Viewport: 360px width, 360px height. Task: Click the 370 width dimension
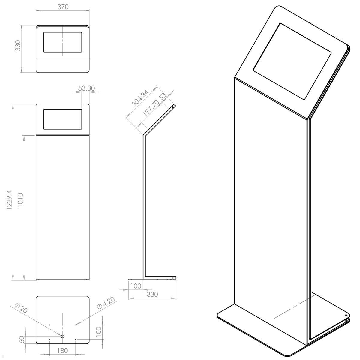63,7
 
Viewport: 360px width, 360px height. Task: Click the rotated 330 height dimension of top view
18,45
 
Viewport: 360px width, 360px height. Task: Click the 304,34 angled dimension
140,98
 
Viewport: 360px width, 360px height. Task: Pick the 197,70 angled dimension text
151,109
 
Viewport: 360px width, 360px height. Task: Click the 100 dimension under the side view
136,286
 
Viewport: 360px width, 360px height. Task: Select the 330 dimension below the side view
152,294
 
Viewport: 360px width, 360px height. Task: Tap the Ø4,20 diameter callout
106,303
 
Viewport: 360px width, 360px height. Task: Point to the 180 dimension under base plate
62,350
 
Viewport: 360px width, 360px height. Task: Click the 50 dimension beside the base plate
22,340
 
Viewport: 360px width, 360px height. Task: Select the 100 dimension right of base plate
99,332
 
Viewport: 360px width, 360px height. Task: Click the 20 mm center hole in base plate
63,336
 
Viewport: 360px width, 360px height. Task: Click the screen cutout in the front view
63,119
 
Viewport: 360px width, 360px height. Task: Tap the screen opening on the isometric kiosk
292,61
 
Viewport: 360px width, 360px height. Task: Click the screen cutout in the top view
63,42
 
